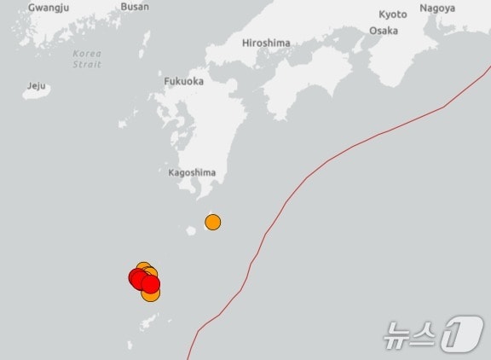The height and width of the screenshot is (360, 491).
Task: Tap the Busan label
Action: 135,6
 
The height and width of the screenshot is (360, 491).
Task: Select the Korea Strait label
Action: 87,59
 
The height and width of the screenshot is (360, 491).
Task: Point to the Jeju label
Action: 36,86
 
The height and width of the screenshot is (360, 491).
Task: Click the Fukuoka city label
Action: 183,81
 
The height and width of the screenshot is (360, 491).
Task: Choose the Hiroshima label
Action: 266,43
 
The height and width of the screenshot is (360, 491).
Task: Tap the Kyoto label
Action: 393,15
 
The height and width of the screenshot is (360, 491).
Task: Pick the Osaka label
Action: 384,31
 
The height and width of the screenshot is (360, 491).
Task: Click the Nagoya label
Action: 437,9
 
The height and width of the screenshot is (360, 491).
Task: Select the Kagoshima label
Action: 192,172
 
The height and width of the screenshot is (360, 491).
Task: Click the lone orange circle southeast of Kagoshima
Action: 213,223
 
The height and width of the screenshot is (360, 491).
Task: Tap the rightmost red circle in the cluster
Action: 151,284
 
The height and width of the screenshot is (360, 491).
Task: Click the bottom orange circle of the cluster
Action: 151,294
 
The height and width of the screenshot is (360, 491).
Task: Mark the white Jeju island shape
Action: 36,93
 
